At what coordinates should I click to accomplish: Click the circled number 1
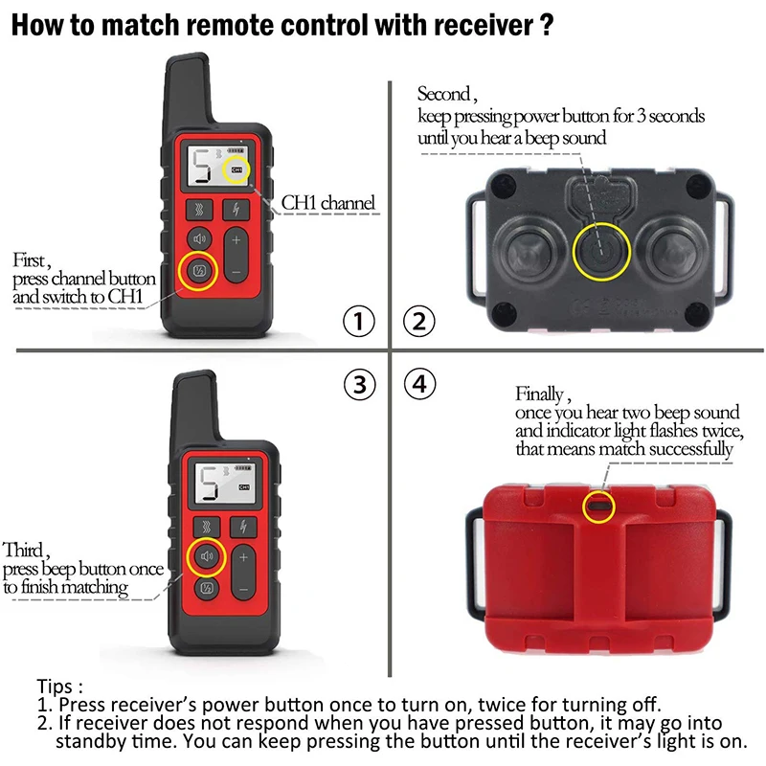358,323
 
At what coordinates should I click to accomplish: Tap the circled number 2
417,323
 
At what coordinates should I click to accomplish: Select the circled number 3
358,385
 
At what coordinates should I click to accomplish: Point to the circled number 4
417,385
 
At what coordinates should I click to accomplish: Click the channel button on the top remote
199,271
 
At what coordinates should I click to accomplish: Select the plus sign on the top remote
237,240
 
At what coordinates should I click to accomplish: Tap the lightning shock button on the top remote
237,210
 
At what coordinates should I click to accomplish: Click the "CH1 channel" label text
327,203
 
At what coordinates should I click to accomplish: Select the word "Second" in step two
443,94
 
